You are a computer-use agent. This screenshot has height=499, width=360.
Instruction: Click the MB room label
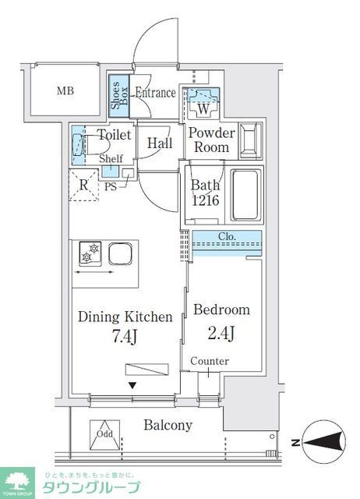coord(67,91)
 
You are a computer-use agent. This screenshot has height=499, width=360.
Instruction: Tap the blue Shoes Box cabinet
coord(119,95)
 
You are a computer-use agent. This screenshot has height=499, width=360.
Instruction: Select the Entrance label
coord(155,93)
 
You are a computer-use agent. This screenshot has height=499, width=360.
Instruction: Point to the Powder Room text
coord(211,140)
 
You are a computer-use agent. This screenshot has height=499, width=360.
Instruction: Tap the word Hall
coord(160,143)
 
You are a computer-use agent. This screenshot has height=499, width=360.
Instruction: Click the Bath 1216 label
coord(206,193)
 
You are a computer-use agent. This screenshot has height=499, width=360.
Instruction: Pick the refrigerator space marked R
coord(83,186)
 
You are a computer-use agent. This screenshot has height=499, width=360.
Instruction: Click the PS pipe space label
coord(111,187)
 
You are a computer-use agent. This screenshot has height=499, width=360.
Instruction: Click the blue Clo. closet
coord(227,242)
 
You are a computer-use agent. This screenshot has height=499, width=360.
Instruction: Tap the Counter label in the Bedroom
coord(209,361)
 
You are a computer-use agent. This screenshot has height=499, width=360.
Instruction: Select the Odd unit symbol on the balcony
coord(104,436)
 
